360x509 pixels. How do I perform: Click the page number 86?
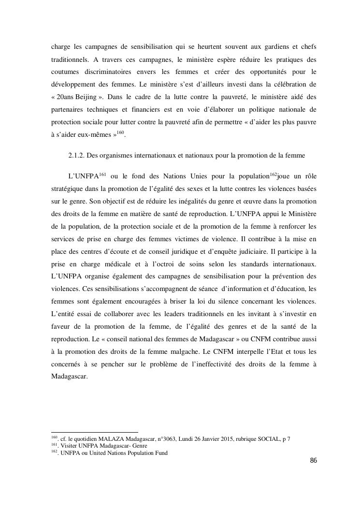313,460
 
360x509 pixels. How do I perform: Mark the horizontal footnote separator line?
94,432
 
